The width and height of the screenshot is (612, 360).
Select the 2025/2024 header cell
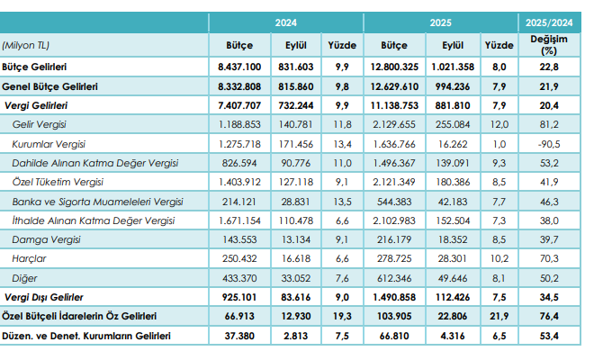(549, 22)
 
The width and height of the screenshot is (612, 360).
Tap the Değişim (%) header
(548, 45)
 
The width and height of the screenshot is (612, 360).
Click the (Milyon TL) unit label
(26, 44)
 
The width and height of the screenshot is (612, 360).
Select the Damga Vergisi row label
(46, 238)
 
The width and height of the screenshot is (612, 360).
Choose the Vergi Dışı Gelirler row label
(45, 296)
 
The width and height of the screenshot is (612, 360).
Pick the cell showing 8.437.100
(239, 67)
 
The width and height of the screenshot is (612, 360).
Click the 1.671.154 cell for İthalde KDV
(239, 220)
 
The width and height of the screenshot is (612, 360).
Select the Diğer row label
(25, 277)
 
